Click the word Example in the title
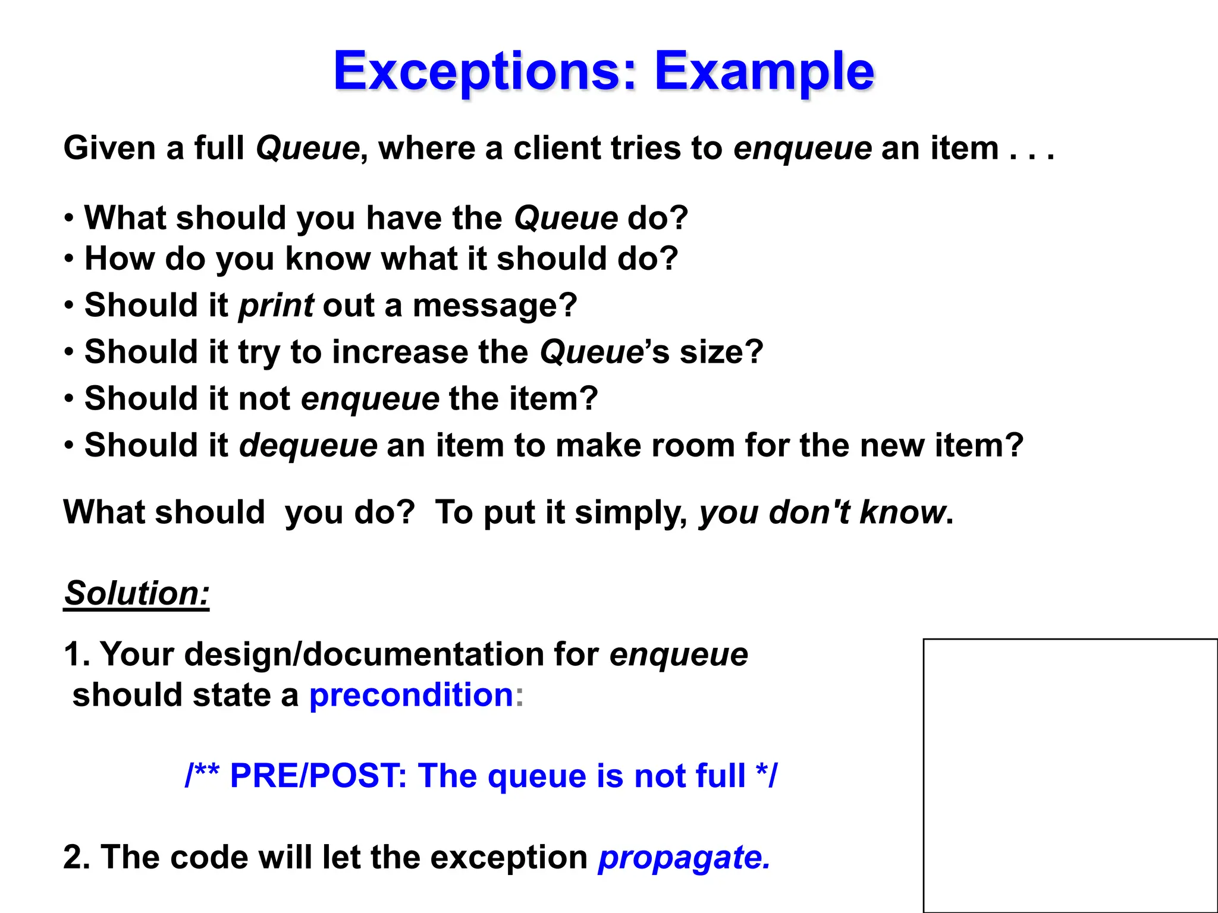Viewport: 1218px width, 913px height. coord(764,71)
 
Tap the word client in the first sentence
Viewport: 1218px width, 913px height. coord(557,148)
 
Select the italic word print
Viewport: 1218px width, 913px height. coord(276,306)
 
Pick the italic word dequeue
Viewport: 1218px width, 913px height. coord(308,445)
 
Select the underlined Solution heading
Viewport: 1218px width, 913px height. coord(137,593)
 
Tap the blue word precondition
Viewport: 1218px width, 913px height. coord(411,695)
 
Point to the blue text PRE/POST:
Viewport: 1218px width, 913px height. coord(318,776)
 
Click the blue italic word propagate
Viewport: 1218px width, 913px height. coord(684,858)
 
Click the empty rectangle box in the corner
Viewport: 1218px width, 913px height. coord(1070,775)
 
